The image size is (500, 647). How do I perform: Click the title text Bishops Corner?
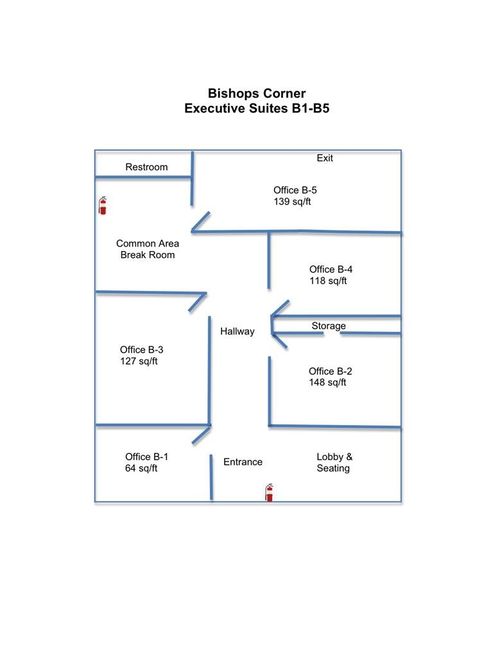point(257,94)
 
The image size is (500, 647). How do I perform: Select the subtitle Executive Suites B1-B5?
point(257,108)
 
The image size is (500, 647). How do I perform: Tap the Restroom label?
point(146,167)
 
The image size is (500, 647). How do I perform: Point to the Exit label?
point(325,158)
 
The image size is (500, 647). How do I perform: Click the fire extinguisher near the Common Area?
point(103,205)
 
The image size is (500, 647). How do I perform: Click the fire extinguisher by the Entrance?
point(270,492)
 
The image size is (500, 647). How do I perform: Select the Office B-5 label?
point(295,190)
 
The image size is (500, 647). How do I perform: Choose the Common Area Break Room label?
point(148,249)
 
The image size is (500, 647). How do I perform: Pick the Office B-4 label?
point(331,270)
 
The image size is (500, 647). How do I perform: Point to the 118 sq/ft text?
point(328,280)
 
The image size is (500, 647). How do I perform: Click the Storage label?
point(329,326)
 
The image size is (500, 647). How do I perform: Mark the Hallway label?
point(237,331)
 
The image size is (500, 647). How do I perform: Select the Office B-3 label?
point(141,350)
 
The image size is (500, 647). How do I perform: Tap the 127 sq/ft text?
point(139,361)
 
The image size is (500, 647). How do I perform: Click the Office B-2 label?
point(330,372)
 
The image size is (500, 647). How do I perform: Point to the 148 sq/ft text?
point(327,383)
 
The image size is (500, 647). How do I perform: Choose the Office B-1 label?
point(146,457)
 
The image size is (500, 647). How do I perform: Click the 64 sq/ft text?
point(141,468)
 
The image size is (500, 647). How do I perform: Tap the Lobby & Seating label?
point(334,463)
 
